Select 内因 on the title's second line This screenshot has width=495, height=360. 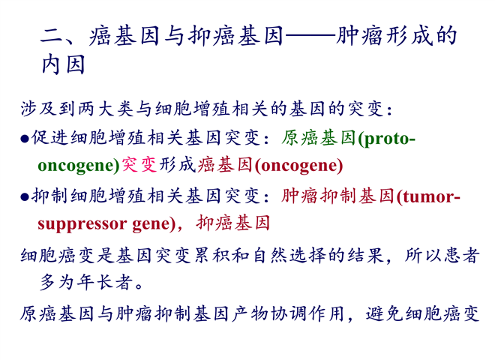[x=64, y=64]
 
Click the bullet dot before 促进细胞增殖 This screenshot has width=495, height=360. [x=25, y=139]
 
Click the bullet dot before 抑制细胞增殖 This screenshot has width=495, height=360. [x=25, y=197]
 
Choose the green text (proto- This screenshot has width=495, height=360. [x=386, y=139]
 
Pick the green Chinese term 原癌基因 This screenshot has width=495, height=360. [x=319, y=138]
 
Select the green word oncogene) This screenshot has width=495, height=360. [x=79, y=166]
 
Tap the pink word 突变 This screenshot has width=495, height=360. [x=139, y=165]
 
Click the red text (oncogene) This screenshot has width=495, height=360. [x=298, y=166]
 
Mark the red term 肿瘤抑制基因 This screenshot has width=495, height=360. [x=337, y=196]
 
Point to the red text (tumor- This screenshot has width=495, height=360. [x=428, y=197]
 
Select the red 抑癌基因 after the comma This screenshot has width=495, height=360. [x=233, y=223]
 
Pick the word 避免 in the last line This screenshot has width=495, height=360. [x=385, y=314]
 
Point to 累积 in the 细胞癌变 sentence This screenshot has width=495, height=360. [x=211, y=255]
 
